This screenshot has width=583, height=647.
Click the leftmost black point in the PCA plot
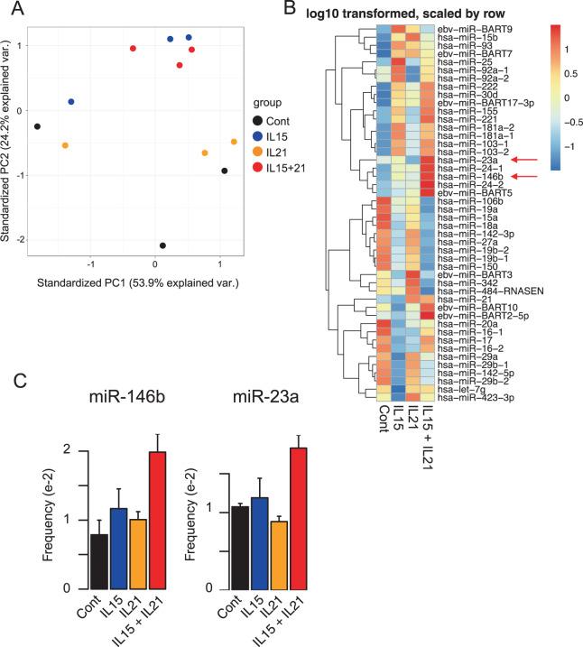click(38, 127)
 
